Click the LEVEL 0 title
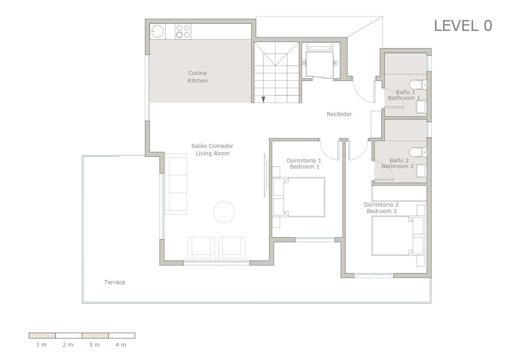(x=463, y=26)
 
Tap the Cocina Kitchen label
(x=197, y=77)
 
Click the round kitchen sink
(x=157, y=31)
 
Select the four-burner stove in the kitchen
(x=183, y=31)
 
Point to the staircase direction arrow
(x=263, y=99)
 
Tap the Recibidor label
(x=339, y=114)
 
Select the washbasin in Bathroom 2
(x=420, y=171)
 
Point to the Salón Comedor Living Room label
(x=212, y=150)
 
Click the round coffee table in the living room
(x=224, y=212)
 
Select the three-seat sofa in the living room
(x=176, y=184)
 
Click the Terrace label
(x=115, y=282)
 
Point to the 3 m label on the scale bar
(x=94, y=345)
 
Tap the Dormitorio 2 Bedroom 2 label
(x=381, y=208)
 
